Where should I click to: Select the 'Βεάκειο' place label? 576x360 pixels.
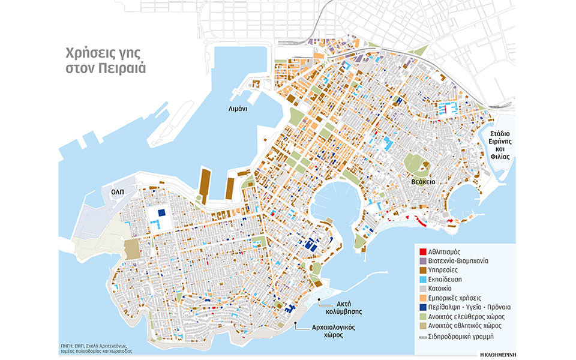click(423, 181)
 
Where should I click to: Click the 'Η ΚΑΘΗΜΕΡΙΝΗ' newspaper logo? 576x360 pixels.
click(490, 350)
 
